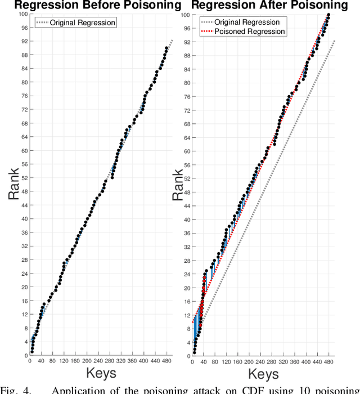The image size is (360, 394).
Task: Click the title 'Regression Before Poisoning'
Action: [90, 6]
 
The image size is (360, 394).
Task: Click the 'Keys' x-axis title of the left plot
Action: [101, 373]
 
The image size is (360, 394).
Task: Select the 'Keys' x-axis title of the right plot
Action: [264, 373]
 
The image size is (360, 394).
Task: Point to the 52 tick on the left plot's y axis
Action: [24, 177]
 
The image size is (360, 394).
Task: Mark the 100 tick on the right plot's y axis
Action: [184, 14]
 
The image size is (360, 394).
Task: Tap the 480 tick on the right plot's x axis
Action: [328, 361]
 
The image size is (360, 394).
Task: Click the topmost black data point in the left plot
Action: [166, 48]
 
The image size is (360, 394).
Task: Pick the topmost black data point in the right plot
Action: [328, 15]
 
